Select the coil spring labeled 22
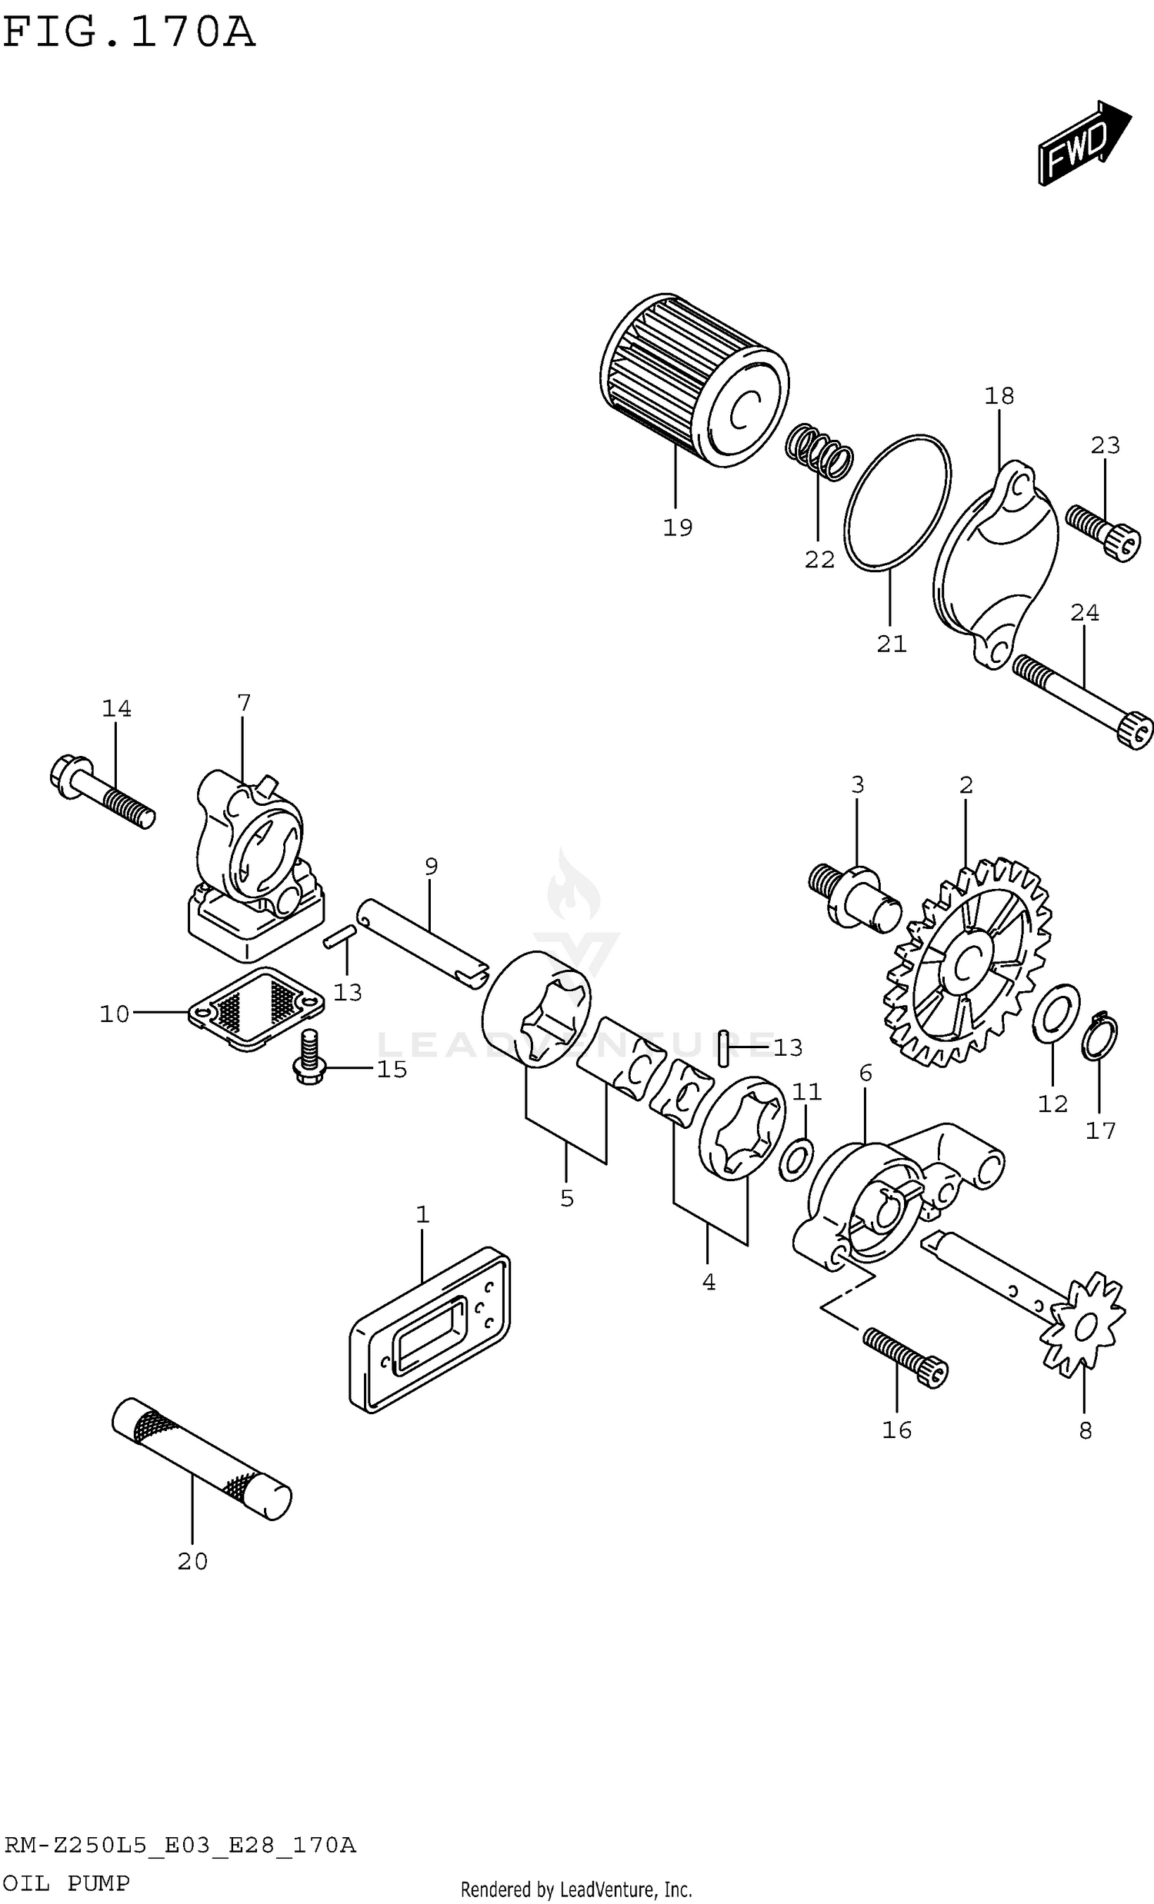(x=819, y=451)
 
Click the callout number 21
(x=890, y=644)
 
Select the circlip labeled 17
(x=1100, y=1037)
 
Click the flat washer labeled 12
(x=1056, y=1013)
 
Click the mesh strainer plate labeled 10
(x=256, y=1008)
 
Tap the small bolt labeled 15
(x=309, y=1060)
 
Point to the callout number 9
(x=431, y=866)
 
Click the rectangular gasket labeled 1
(x=430, y=1329)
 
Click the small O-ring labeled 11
(x=795, y=1159)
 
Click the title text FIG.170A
(x=128, y=33)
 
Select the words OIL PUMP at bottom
(x=66, y=1883)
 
